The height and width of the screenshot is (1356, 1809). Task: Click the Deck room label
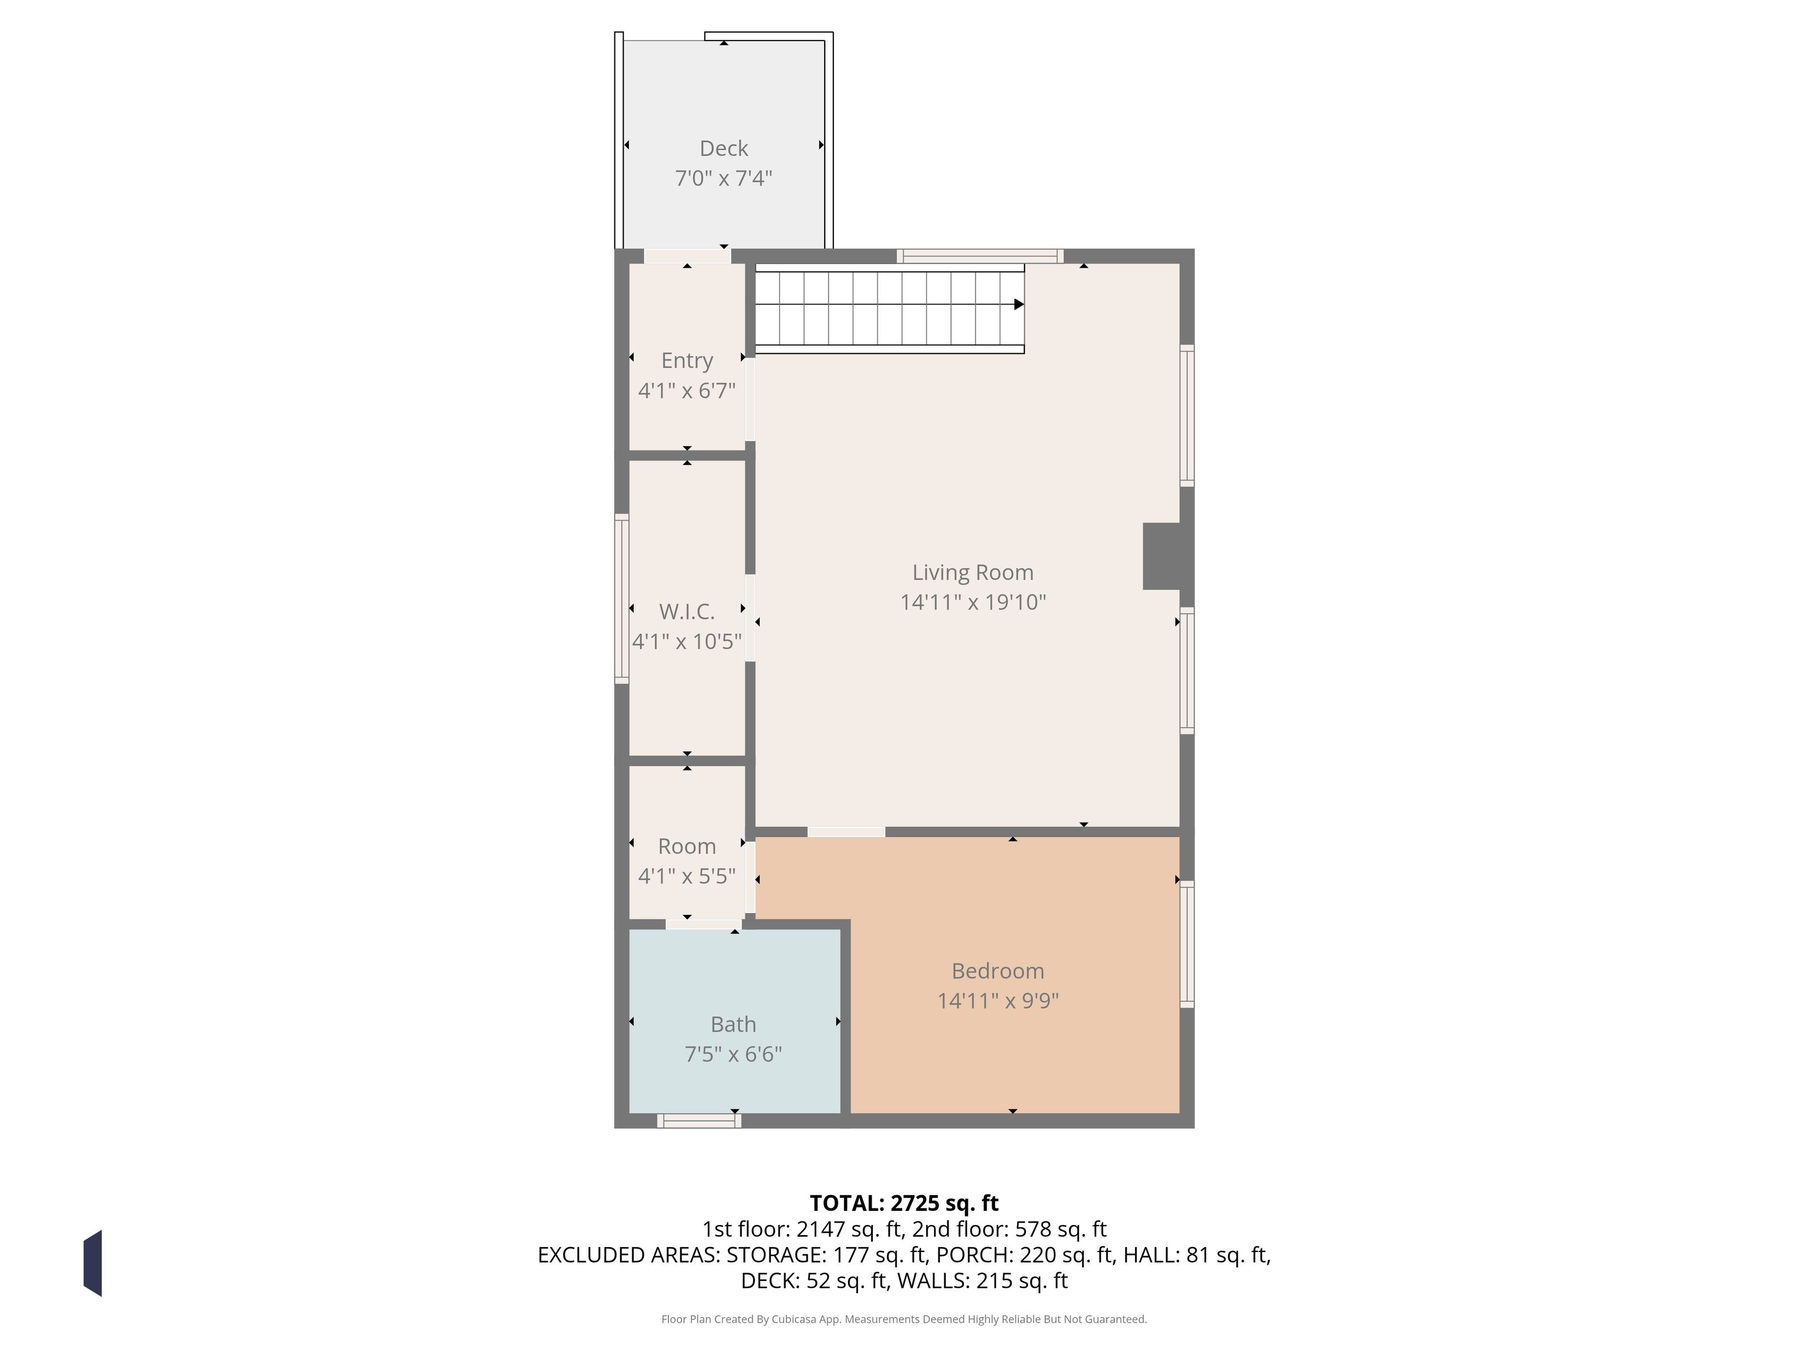click(x=724, y=148)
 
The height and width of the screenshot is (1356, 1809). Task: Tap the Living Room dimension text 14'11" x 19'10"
click(x=973, y=602)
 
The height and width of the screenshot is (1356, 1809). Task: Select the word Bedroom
click(x=998, y=971)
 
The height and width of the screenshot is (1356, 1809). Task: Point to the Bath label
click(x=734, y=1024)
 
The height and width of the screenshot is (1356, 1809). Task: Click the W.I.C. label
click(x=687, y=611)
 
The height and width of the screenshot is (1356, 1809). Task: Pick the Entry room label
click(x=687, y=360)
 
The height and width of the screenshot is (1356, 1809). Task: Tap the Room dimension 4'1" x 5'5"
click(x=687, y=876)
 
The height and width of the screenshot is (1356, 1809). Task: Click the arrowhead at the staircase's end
click(x=1019, y=304)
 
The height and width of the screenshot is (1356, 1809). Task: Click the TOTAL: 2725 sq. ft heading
click(x=904, y=1203)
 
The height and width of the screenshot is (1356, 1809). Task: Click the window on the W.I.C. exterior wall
click(x=621, y=598)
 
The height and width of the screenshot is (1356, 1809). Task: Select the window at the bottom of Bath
click(x=699, y=1120)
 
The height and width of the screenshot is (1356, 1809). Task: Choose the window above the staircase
click(x=980, y=256)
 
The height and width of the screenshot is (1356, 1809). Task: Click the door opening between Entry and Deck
click(x=687, y=256)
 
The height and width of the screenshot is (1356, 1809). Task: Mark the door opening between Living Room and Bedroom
click(x=846, y=832)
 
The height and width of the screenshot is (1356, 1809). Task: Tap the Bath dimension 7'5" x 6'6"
click(x=734, y=1054)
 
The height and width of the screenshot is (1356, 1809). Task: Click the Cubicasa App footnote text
click(x=904, y=1319)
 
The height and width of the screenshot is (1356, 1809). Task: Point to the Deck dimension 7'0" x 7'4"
click(x=724, y=178)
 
